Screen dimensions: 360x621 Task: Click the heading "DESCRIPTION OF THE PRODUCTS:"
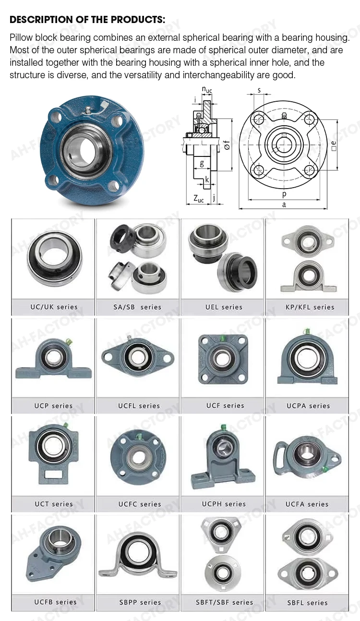(87, 20)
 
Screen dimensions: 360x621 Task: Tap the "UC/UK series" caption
(54, 307)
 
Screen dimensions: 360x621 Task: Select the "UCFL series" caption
(139, 406)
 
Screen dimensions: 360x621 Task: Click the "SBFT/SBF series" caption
(224, 602)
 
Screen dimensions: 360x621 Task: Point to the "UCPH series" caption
(224, 504)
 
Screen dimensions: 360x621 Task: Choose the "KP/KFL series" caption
(310, 307)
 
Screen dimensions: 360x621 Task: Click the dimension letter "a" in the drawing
(284, 204)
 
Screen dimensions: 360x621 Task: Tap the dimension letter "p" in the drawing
(284, 194)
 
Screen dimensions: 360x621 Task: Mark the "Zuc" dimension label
(198, 199)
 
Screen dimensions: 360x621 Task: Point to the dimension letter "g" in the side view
(202, 163)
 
